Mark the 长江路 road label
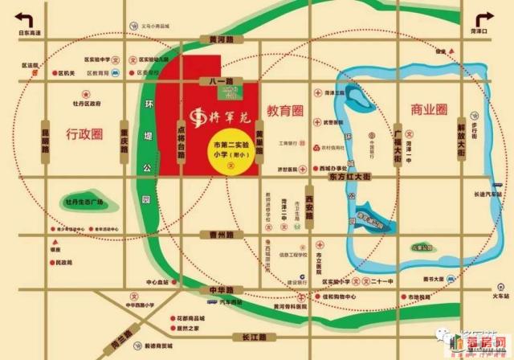243,338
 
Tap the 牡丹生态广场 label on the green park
83,201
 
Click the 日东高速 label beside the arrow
29,31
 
